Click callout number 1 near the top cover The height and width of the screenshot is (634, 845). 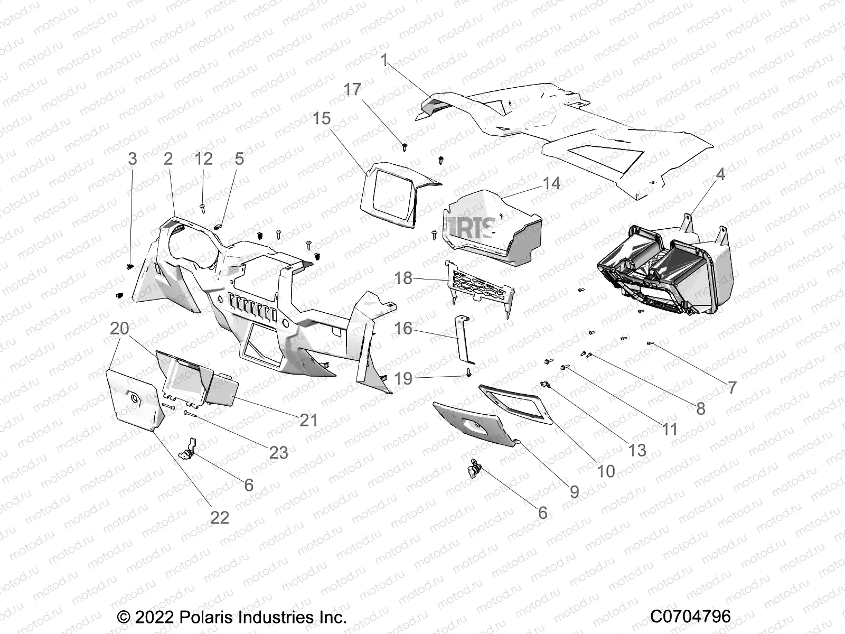tap(384, 61)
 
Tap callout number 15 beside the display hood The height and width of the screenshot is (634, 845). tap(336, 118)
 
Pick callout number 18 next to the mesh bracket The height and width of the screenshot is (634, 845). tap(403, 278)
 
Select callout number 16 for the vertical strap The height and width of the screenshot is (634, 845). tap(403, 329)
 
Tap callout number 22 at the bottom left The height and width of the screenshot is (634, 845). tap(219, 517)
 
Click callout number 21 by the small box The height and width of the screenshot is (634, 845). tap(308, 420)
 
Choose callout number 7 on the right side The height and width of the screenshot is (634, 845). tap(731, 388)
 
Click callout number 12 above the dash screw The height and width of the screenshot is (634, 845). tap(203, 158)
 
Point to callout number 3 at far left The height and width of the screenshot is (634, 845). tap(133, 158)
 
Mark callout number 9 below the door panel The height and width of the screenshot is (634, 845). tap(574, 492)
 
